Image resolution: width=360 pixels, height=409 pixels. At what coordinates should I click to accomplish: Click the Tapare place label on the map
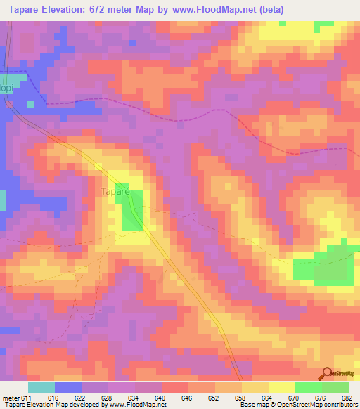click(x=113, y=190)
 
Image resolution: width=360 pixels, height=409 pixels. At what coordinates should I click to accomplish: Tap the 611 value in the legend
click(x=27, y=398)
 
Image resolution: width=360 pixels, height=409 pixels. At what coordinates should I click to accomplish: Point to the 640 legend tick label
click(x=162, y=398)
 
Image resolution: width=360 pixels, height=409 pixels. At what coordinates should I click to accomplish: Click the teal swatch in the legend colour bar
click(x=41, y=387)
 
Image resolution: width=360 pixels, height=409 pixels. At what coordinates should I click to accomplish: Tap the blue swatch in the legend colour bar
click(x=67, y=387)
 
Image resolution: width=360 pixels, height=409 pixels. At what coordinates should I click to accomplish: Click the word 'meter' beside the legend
click(x=10, y=398)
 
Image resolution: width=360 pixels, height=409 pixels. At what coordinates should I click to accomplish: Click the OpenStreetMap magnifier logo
click(x=326, y=374)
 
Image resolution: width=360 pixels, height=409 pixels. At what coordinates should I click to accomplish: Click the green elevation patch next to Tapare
click(x=131, y=211)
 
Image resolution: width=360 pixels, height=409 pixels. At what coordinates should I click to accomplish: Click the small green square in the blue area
click(x=30, y=104)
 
